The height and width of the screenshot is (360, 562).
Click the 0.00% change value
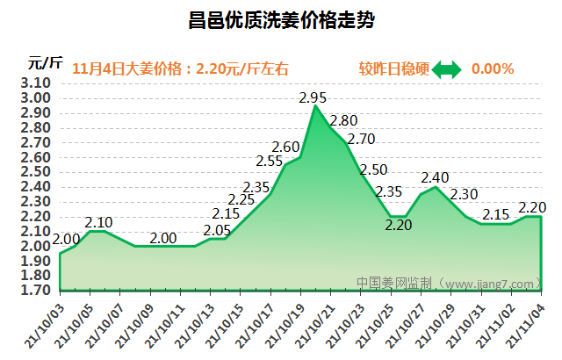493,68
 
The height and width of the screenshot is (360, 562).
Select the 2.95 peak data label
313,97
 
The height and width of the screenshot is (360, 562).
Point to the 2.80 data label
343,120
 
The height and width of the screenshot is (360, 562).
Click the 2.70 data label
361,139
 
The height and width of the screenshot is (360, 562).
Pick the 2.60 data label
286,147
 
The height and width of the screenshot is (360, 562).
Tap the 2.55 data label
270,161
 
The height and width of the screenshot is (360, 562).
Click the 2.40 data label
435,178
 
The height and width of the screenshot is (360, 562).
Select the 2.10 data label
99,222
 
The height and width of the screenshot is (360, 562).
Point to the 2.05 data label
217,230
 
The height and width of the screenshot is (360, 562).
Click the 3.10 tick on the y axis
36,83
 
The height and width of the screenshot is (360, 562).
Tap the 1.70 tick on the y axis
36,290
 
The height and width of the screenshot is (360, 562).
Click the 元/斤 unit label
45,62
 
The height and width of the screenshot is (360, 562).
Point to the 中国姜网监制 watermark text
395,284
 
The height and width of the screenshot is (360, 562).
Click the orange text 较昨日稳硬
392,68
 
